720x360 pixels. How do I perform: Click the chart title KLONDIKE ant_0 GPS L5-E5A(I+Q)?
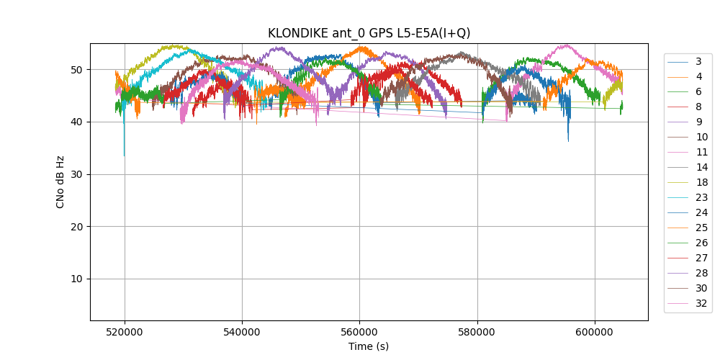[x=369, y=33]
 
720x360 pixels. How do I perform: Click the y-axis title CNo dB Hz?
[x=60, y=181]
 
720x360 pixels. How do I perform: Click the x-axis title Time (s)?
[x=369, y=346]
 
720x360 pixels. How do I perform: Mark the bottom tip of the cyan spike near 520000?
[x=125, y=156]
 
